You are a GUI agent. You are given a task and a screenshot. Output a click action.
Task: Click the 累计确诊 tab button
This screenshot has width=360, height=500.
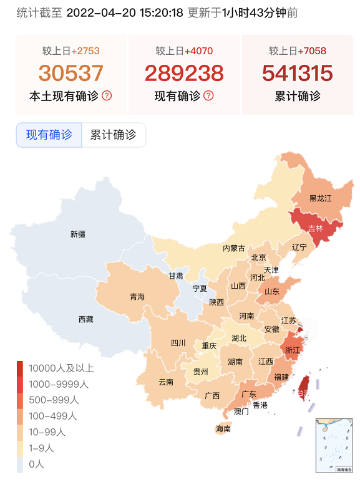pos(114,135)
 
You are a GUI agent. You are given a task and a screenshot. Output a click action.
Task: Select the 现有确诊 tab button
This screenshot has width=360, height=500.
pos(49,135)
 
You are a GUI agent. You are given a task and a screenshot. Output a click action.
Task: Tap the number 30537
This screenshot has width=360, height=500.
pos(71,73)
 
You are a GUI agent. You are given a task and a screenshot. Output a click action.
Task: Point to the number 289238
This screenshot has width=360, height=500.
pos(184,73)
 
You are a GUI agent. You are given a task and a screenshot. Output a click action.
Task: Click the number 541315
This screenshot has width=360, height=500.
pos(298,73)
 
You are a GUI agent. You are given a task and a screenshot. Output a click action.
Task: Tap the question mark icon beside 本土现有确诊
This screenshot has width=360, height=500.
pos(107,96)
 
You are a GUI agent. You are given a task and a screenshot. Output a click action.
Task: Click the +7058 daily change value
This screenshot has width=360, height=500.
pos(311,51)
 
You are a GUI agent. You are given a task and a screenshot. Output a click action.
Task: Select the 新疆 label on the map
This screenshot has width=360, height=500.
pos(78,234)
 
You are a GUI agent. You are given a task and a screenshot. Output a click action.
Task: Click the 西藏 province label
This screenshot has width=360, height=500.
pos(85,319)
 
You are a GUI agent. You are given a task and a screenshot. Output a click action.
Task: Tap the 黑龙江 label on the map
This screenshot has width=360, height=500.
pos(320,198)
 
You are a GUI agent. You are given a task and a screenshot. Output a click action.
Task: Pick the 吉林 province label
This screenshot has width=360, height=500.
pos(316,228)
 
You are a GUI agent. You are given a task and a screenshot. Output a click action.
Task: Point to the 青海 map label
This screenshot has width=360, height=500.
pos(137,297)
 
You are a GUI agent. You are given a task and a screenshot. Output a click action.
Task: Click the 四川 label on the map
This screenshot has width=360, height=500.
pos(178,342)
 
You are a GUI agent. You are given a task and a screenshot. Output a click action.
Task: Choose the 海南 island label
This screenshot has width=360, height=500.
pos(223,429)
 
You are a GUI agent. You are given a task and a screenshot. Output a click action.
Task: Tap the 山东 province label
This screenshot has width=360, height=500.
pos(271,291)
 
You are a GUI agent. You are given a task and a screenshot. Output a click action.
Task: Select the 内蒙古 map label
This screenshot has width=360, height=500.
pos(234,248)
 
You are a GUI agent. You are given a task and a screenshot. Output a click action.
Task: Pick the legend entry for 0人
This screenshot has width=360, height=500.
pos(36,464)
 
